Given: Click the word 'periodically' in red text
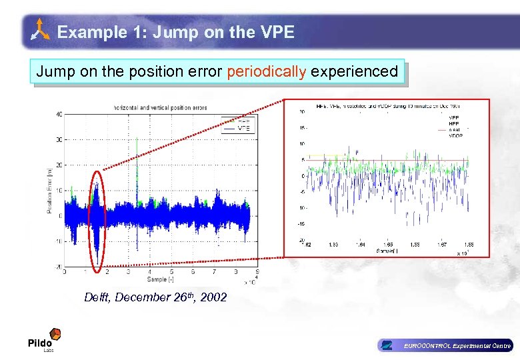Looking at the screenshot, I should click(x=265, y=71).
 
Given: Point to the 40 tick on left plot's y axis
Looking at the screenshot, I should click(x=59, y=115).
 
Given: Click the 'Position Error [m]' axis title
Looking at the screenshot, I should click(x=49, y=190).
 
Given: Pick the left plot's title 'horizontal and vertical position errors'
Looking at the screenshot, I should click(x=161, y=107).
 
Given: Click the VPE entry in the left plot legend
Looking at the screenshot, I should click(x=244, y=128).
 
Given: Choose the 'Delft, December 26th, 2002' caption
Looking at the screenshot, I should click(x=155, y=297).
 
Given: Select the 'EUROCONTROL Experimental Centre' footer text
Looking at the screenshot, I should click(x=457, y=345).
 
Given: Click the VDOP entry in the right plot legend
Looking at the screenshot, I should click(x=456, y=135).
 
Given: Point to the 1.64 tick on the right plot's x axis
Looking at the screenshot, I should click(x=360, y=245).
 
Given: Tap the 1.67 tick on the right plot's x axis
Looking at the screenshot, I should click(x=443, y=245).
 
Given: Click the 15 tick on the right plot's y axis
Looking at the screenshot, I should click(x=301, y=128).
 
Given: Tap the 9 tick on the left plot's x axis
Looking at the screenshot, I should click(x=257, y=272).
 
